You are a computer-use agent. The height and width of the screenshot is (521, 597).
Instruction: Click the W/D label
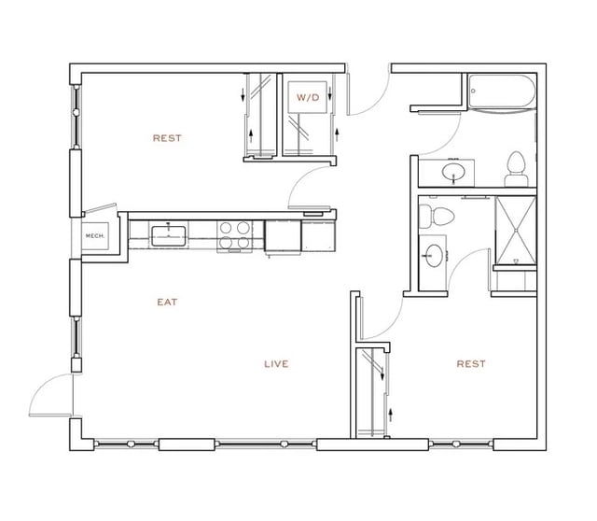point(307,97)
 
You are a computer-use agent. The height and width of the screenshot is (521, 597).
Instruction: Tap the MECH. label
point(94,236)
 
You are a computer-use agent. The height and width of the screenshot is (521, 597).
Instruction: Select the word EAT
point(167,302)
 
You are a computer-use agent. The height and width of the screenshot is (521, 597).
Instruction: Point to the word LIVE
point(275,363)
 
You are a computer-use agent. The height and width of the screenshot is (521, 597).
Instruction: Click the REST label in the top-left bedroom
point(167,138)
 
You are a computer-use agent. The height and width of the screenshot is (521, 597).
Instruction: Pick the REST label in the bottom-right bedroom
point(471,363)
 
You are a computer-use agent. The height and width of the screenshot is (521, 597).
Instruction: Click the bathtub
point(501,92)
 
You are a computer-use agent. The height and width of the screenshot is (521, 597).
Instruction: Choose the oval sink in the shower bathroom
point(435,252)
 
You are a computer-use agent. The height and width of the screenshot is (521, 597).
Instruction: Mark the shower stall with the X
point(514,230)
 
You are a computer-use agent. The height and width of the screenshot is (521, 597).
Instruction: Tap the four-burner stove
point(234,234)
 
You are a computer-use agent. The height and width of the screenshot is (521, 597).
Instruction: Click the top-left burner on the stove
point(227,226)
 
